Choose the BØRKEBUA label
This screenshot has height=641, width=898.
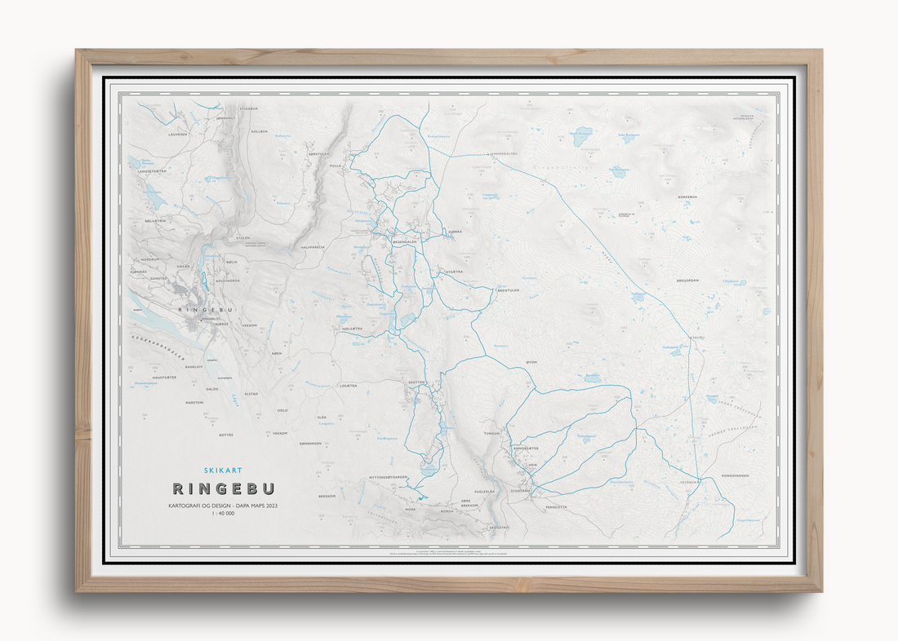tap(689, 197)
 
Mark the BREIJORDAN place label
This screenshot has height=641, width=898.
tap(687, 280)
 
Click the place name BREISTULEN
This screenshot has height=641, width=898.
tap(507, 290)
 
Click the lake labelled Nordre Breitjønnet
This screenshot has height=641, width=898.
tap(581, 131)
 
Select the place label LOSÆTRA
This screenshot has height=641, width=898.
tap(349, 385)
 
